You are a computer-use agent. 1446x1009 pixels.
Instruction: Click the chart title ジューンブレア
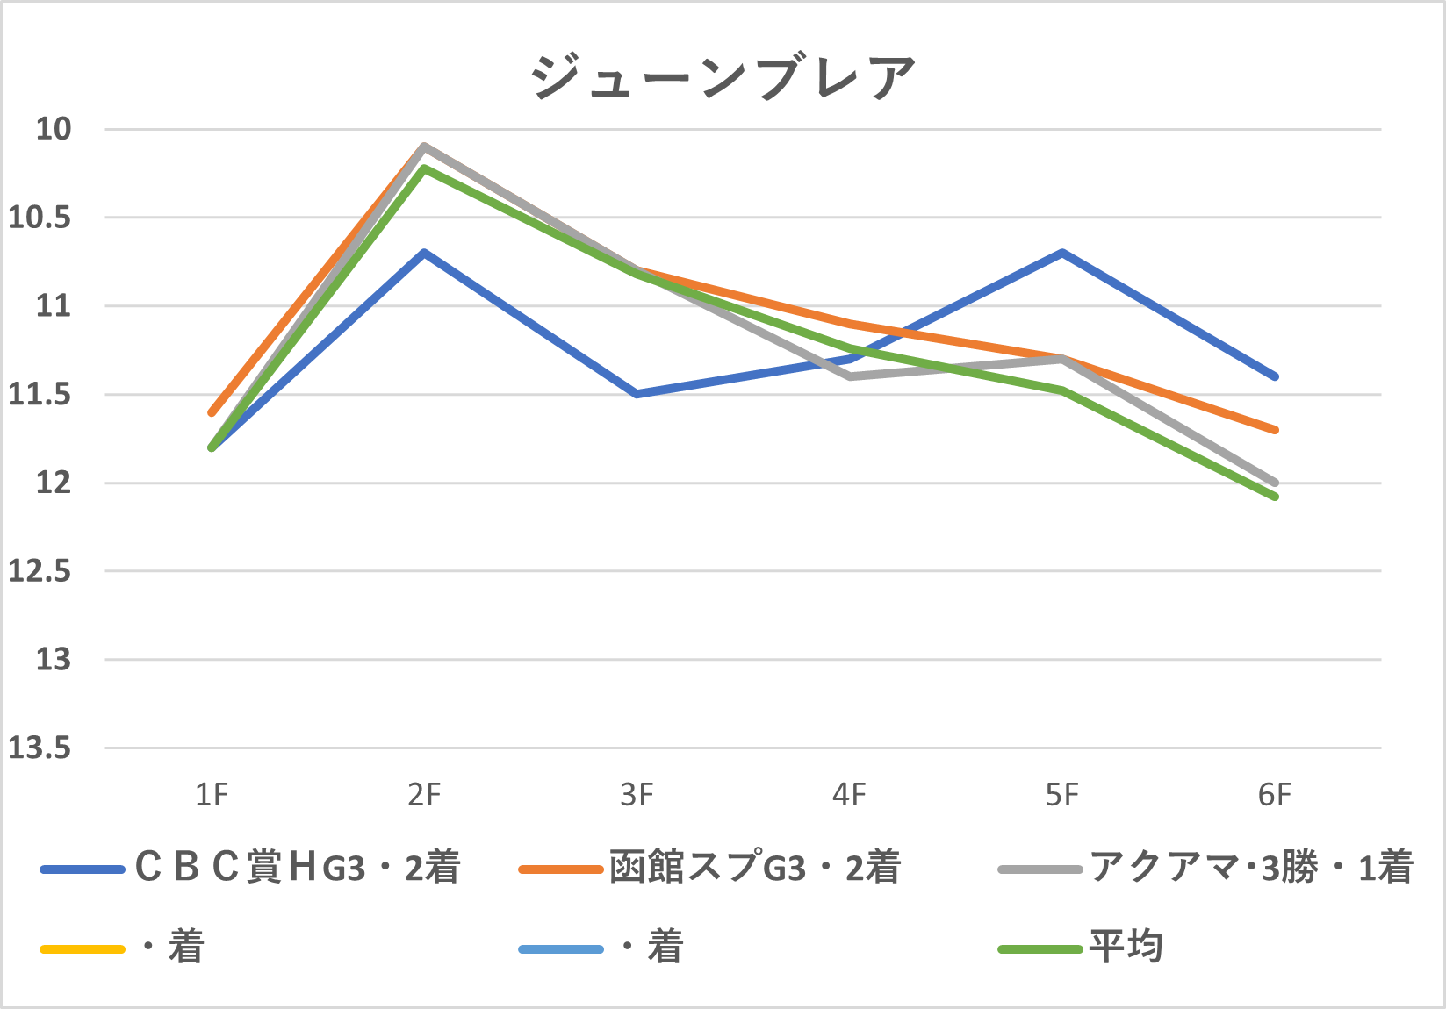723,77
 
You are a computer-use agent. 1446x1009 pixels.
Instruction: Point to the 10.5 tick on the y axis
40,218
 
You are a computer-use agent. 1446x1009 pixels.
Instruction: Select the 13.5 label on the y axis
40,748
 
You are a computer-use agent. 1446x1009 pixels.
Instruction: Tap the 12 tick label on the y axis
53,483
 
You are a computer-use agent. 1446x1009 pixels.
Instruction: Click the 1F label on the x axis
212,795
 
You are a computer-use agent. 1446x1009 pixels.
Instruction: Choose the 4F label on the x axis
849,795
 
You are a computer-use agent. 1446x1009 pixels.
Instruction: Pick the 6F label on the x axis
1275,795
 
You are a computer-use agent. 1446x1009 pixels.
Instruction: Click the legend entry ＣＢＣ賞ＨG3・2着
298,868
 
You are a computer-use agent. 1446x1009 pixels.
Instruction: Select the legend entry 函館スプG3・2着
755,868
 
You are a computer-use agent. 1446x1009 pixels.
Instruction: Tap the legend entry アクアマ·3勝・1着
1251,868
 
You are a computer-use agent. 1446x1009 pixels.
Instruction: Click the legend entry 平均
1126,948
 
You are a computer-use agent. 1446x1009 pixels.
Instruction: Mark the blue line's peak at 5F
1062,253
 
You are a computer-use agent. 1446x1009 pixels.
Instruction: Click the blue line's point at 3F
637,394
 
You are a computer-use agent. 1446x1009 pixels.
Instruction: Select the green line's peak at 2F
424,168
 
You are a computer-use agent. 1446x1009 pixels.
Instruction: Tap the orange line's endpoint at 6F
1275,430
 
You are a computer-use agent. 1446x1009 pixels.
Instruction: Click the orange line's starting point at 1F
212,412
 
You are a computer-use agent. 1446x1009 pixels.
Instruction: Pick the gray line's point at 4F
849,376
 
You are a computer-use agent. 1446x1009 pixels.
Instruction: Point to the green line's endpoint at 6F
1275,497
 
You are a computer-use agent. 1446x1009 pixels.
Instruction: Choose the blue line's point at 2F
424,253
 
